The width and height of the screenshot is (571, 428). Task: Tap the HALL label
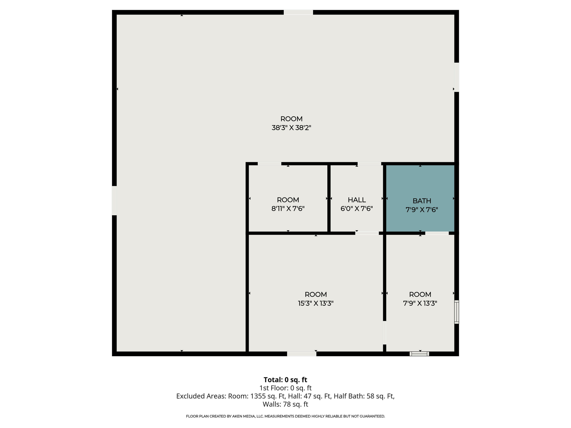pos(356,200)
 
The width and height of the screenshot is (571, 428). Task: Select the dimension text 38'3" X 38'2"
pos(291,128)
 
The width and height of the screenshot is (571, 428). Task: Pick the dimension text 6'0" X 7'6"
pos(356,208)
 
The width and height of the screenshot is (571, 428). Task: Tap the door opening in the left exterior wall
pos(114,200)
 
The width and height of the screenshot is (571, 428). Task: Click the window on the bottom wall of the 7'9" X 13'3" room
pos(419,354)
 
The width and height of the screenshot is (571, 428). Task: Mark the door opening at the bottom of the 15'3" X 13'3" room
pos(301,354)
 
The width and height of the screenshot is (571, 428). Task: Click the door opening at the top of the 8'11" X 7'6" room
pos(269,164)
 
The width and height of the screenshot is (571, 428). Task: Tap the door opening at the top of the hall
pos(369,164)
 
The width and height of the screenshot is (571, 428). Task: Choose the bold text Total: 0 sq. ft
pos(285,380)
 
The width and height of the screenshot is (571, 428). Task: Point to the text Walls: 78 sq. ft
pos(285,404)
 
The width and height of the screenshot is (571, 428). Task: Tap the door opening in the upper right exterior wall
pos(456,77)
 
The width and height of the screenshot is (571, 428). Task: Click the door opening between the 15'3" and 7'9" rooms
pos(384,333)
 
